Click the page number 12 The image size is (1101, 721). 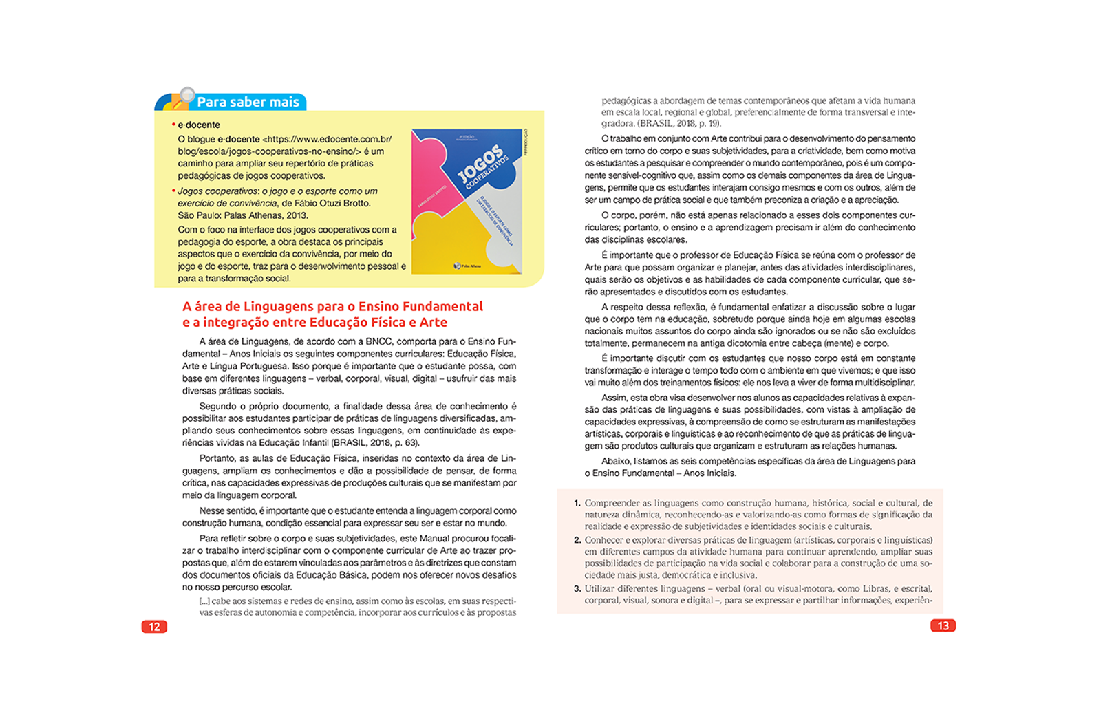pyautogui.click(x=154, y=627)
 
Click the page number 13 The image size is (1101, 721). pyautogui.click(x=943, y=626)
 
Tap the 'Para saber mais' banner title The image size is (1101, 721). pyautogui.click(x=248, y=102)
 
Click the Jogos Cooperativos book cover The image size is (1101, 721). pyautogui.click(x=467, y=202)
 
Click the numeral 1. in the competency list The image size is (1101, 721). pyautogui.click(x=577, y=503)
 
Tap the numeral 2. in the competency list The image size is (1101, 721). pyautogui.click(x=577, y=540)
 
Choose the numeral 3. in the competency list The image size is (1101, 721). pyautogui.click(x=577, y=589)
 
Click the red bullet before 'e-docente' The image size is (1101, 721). pyautogui.click(x=173, y=125)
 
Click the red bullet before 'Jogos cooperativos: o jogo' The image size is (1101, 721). pyautogui.click(x=173, y=191)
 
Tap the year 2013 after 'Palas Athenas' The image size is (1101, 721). pyautogui.click(x=297, y=215)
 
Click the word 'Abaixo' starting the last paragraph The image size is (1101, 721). pyautogui.click(x=616, y=461)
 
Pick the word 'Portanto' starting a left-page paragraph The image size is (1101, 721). pyautogui.click(x=217, y=458)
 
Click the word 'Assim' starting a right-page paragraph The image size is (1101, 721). pyautogui.click(x=614, y=398)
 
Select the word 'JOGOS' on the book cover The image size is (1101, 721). pyautogui.click(x=480, y=164)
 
